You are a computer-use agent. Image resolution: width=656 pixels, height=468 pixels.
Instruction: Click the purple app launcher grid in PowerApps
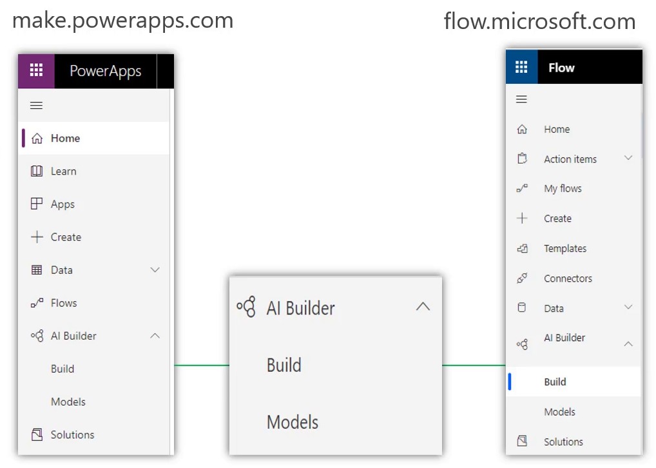pos(36,70)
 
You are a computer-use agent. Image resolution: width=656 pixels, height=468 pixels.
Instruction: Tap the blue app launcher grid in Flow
pos(521,66)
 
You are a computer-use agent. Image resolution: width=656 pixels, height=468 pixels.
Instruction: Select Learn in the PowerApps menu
pos(64,171)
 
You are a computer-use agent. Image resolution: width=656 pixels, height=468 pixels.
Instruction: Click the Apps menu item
pos(63,204)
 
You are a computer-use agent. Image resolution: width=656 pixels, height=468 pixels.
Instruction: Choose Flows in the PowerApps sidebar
pos(64,302)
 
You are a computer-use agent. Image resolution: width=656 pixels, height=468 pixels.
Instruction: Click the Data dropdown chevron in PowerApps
pos(155,270)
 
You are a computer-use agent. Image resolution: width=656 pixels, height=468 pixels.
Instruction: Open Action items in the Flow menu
pos(570,159)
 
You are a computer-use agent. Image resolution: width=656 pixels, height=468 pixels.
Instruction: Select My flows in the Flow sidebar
pos(563,189)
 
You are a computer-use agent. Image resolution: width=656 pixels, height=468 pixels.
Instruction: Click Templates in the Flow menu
pos(565,249)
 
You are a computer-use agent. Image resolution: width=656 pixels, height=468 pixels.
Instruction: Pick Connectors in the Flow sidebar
pos(568,278)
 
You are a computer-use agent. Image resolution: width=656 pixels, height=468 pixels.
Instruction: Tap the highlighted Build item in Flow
pos(555,382)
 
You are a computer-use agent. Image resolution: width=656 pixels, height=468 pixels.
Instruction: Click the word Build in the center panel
pos(284,365)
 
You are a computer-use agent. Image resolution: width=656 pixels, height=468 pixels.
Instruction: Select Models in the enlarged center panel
pos(293,422)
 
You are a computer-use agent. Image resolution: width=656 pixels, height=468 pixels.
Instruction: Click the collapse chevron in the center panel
pos(423,306)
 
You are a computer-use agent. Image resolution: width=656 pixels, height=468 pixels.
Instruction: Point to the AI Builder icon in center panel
pos(246,307)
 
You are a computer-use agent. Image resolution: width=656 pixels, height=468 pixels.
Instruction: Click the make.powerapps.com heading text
pos(122,21)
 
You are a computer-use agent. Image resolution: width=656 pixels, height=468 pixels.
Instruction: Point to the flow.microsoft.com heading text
pos(540,21)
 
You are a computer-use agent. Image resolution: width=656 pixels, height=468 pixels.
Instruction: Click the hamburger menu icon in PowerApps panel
pos(36,105)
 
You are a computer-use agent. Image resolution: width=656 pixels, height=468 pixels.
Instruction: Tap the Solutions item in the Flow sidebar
pos(563,442)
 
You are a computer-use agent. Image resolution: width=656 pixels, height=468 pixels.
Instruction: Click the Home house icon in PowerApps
pos(37,138)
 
